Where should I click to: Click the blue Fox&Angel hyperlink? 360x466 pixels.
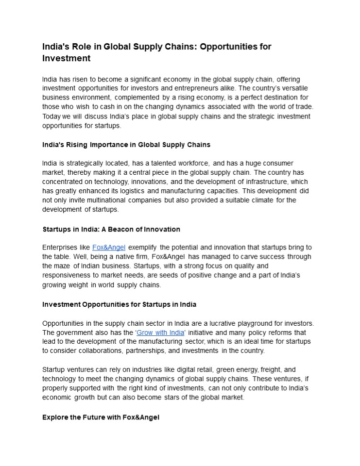(x=109, y=248)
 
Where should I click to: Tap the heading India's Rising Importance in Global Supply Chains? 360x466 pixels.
(x=126, y=145)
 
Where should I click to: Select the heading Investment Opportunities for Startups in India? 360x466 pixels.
(x=119, y=304)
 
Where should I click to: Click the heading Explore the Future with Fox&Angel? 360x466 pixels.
(x=101, y=417)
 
